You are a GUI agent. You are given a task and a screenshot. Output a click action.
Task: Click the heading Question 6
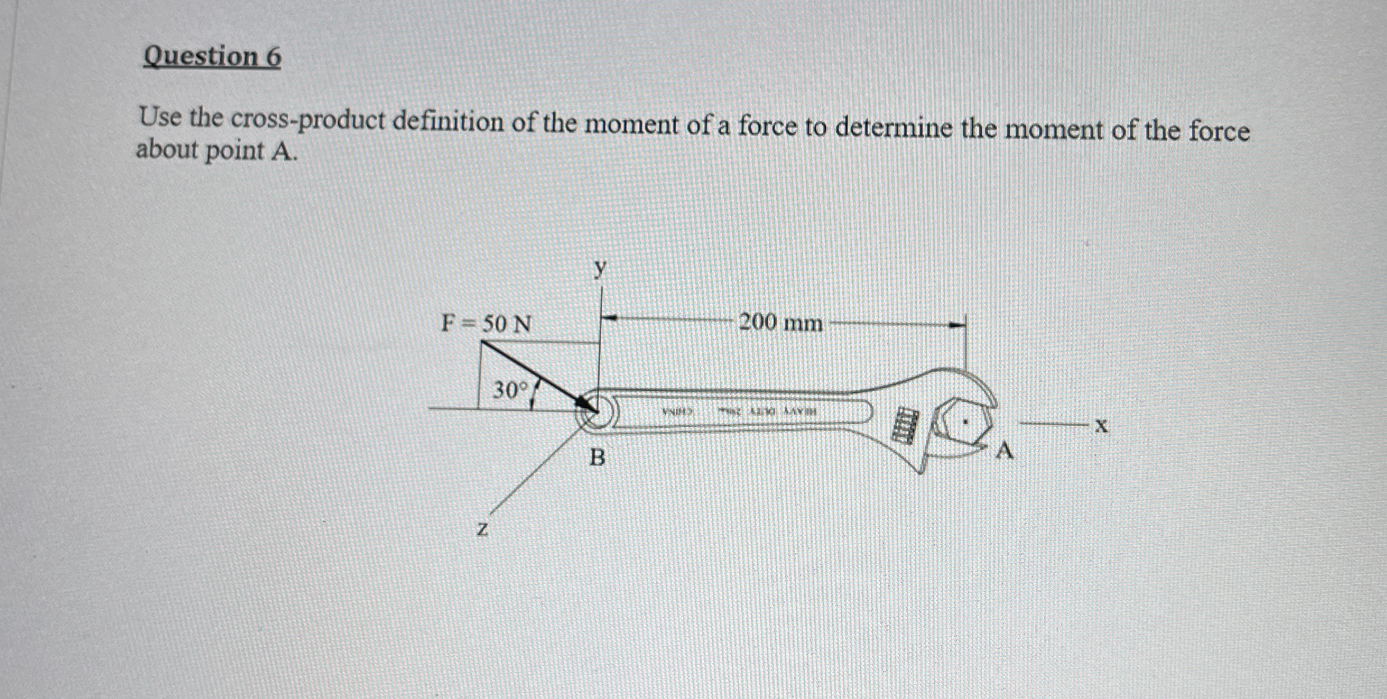[212, 57]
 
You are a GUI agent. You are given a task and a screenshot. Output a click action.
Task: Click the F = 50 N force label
[486, 324]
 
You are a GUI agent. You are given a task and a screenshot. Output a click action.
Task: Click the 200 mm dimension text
[781, 323]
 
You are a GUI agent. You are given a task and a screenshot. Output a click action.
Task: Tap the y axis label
[601, 269]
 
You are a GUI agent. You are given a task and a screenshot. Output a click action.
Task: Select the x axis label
[1102, 427]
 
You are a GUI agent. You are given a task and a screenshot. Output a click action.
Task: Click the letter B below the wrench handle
[598, 458]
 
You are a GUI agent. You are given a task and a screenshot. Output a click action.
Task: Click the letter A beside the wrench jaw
[1005, 451]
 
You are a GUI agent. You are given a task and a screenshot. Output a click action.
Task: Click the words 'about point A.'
[216, 150]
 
